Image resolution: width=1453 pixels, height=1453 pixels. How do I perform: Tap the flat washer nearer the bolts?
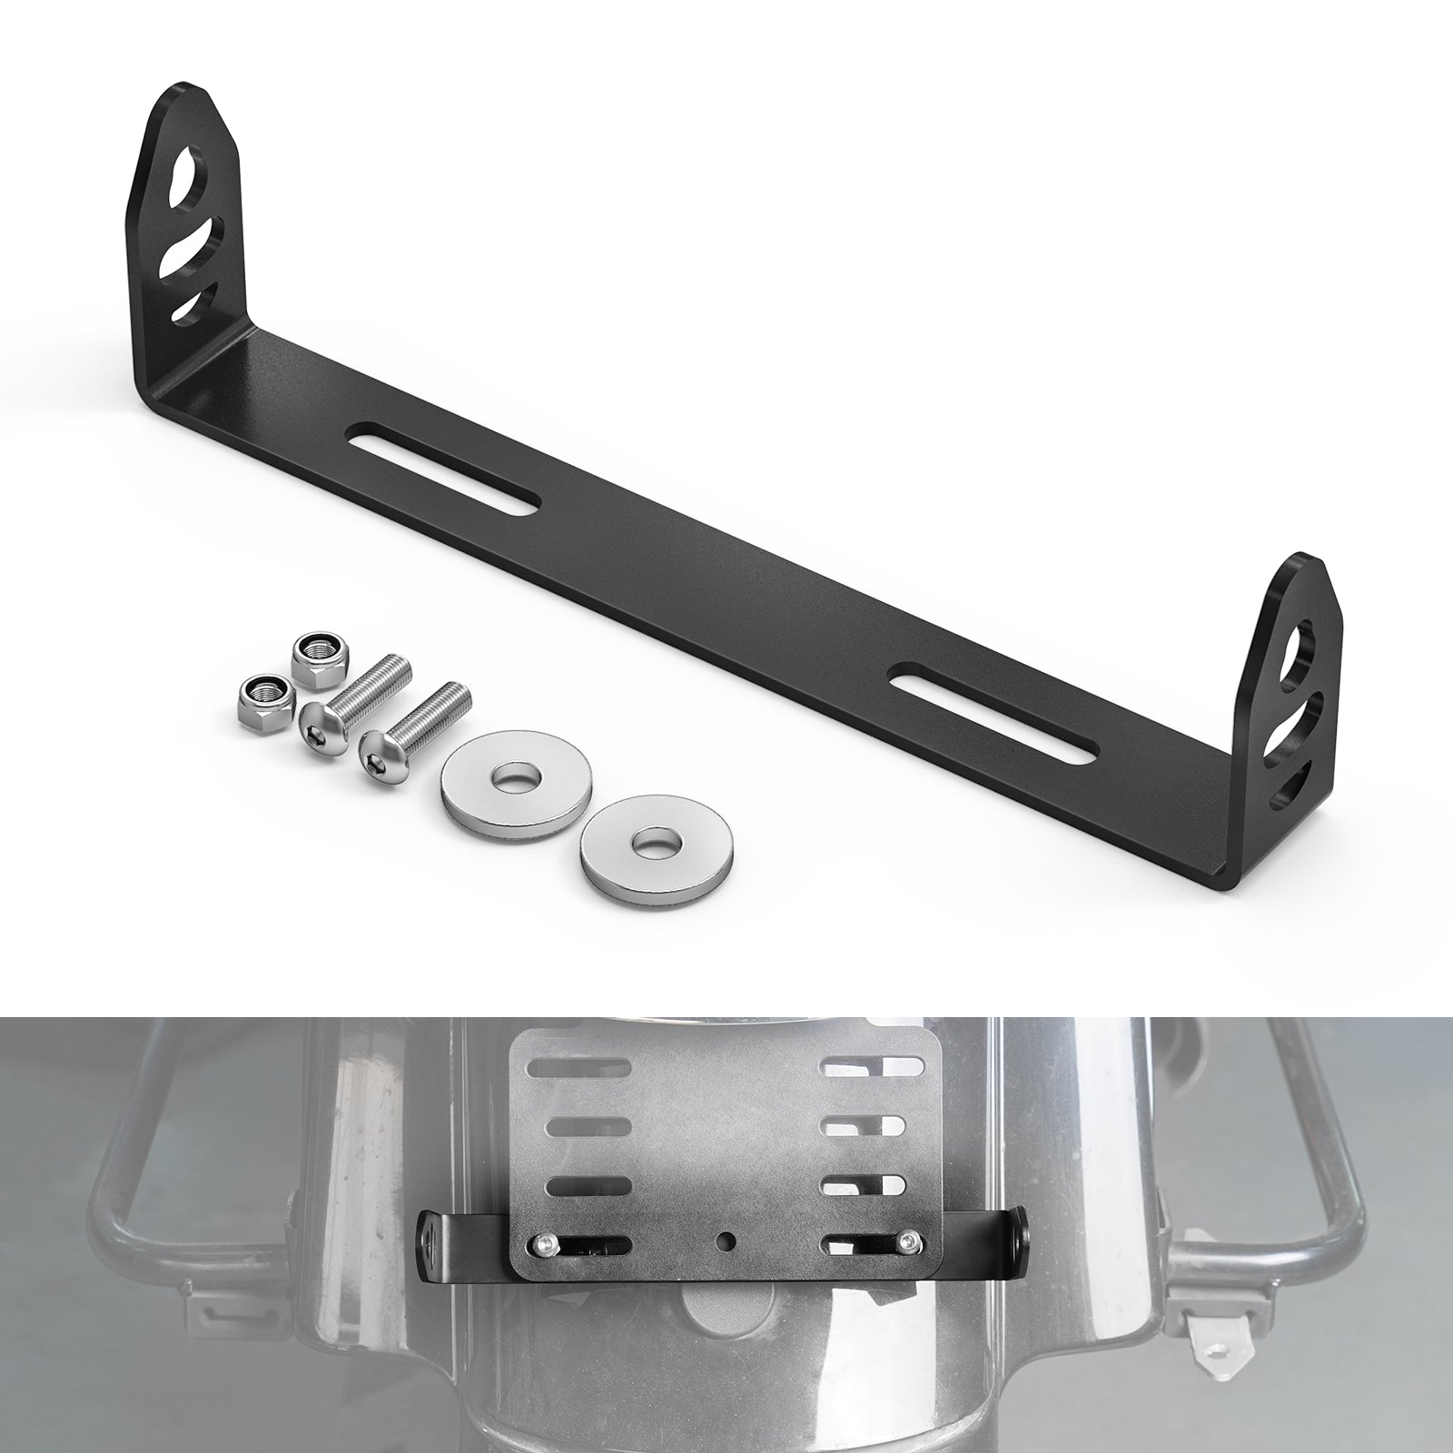515,782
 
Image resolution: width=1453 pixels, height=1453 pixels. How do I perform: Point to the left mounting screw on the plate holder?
542,1244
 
